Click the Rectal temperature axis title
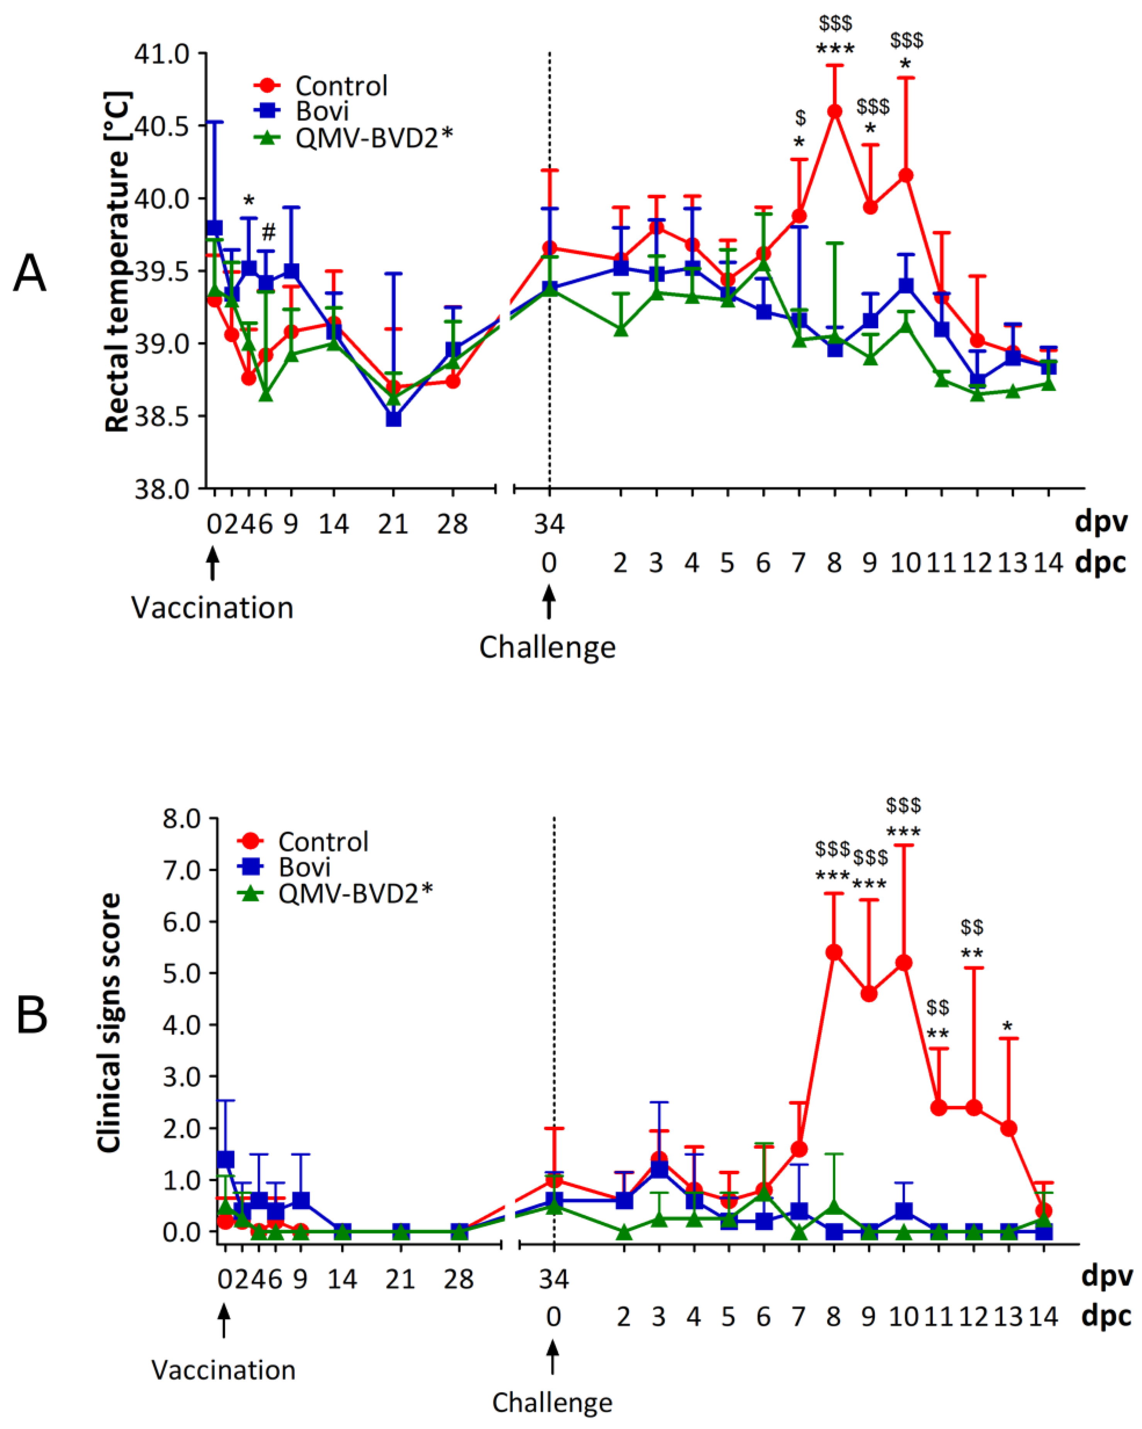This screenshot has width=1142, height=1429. tap(118, 262)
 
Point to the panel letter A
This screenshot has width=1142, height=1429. tap(30, 274)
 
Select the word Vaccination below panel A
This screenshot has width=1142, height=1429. tap(212, 608)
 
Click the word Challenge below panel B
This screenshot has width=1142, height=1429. tap(552, 1402)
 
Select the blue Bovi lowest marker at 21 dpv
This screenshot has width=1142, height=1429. tap(394, 419)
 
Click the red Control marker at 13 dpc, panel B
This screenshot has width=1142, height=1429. tap(1009, 1129)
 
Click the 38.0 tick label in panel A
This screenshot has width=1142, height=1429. tap(162, 489)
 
